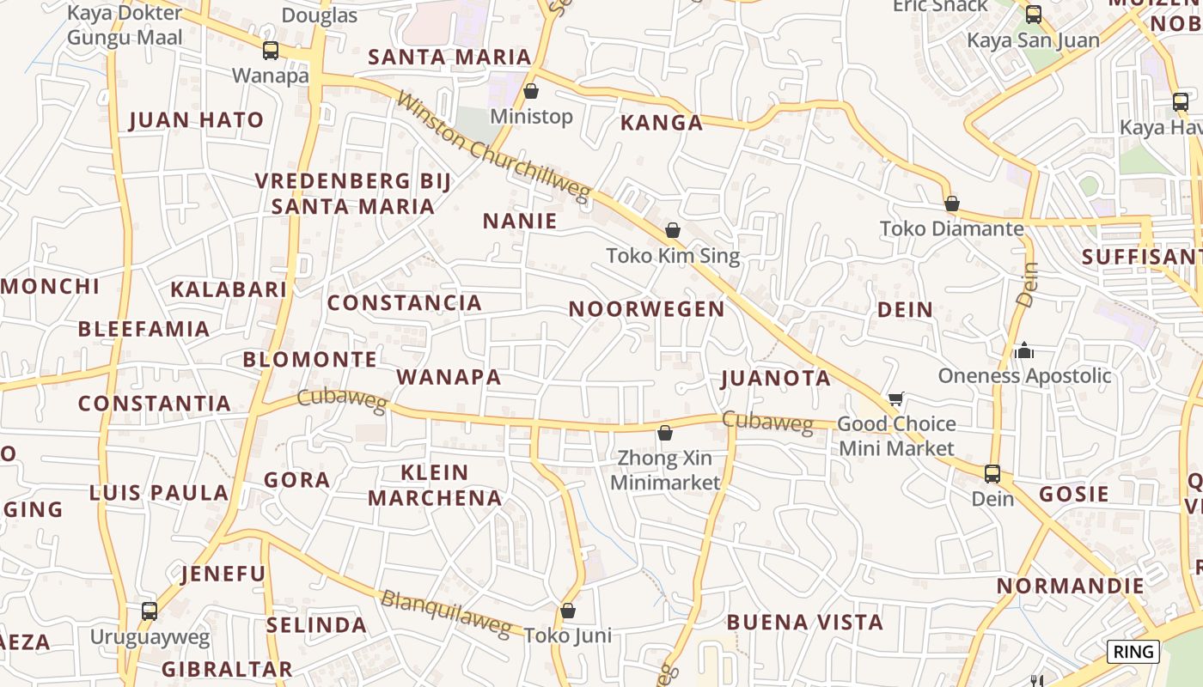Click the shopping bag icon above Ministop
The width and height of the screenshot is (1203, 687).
pos(531,90)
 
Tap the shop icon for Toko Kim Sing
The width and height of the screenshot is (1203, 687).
pos(673,230)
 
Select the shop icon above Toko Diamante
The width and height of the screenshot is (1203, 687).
pos(951,204)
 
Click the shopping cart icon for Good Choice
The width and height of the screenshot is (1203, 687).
pos(896,398)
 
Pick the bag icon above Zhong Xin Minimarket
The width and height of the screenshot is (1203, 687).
pos(664,433)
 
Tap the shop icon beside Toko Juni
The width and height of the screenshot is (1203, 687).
pos(567,611)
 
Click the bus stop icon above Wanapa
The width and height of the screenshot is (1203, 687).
pos(271,51)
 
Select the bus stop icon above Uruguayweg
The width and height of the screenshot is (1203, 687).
pos(150,611)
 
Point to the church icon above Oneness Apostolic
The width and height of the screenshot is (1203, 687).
pos(1023,350)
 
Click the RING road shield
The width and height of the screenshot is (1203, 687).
pos(1133,652)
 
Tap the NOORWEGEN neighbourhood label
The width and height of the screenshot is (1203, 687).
pos(647,309)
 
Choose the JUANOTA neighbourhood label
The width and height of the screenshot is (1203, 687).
pos(776,378)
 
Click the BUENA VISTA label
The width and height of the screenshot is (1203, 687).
pos(805,622)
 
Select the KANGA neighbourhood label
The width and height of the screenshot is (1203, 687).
pos(662,123)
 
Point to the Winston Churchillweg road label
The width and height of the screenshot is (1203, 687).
pos(494,148)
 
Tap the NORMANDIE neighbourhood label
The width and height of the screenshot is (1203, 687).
pos(1070,587)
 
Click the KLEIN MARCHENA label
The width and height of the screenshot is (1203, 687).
pos(436,485)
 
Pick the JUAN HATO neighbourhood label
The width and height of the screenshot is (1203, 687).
pos(197,119)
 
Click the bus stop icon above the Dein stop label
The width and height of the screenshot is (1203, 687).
pos(992,473)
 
